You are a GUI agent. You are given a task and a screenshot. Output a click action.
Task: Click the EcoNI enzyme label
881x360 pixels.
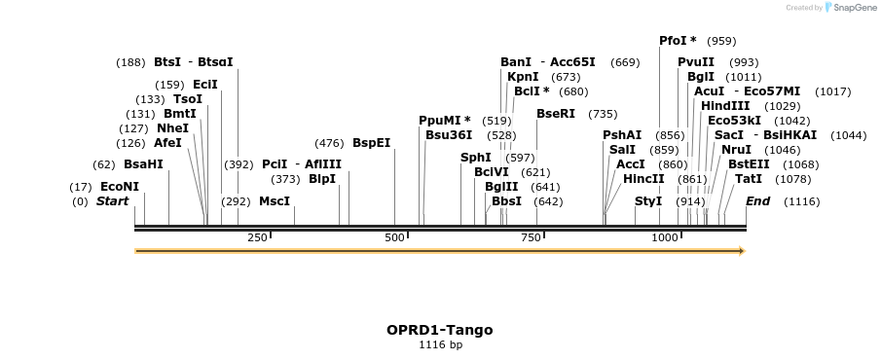pos(119,187)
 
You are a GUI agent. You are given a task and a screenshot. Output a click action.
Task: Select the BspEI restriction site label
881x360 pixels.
pos(372,143)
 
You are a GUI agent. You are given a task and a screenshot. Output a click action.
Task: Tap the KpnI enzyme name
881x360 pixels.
pos(523,77)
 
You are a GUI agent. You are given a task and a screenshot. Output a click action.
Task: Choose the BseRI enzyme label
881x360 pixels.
pos(556,114)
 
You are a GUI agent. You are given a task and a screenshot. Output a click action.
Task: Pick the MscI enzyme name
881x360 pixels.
pos(275,201)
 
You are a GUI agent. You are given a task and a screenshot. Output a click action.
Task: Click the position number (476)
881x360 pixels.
pos(329,143)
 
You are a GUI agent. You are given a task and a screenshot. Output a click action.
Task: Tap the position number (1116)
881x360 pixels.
pos(802,201)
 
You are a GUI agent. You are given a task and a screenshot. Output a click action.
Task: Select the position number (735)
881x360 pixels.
pos(603,114)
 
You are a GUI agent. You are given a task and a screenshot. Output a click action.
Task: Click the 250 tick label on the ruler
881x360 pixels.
pos(257,237)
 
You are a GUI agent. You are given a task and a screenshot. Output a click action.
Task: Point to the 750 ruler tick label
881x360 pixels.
pos(531,237)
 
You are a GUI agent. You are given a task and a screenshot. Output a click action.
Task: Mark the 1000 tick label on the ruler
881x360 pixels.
pos(665,237)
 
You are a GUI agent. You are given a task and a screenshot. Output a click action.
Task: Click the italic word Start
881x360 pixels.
pos(112,201)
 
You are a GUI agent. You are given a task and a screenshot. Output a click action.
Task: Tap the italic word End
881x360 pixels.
pos(757,201)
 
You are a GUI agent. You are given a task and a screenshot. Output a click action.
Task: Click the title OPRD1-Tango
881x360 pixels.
pos(439,330)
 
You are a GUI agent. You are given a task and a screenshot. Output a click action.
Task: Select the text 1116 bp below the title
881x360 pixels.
pos(440,344)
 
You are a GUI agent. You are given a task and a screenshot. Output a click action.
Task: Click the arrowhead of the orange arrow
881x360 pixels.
pos(742,251)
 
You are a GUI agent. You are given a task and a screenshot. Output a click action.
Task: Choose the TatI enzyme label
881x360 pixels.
pos(749,179)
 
